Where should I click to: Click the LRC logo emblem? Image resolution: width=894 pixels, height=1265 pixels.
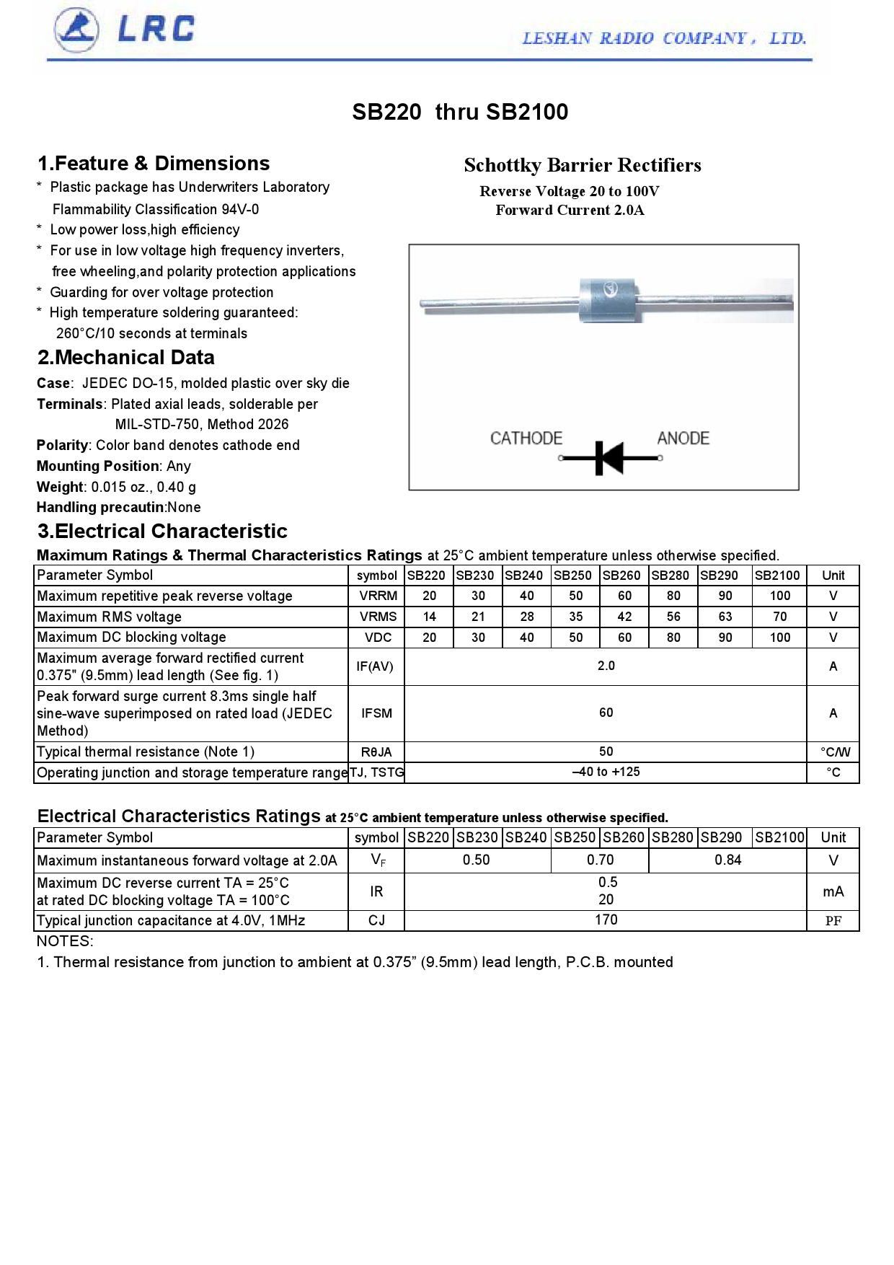76,30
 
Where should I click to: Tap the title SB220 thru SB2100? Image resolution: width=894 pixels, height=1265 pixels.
460,112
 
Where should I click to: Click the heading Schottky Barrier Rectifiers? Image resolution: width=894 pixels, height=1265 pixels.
582,165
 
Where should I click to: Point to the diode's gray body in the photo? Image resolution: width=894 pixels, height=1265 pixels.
608,301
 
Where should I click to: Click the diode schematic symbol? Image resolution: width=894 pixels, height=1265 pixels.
609,457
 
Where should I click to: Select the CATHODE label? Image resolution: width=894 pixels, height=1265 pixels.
526,438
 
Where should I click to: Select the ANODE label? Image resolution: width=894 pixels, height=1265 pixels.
683,438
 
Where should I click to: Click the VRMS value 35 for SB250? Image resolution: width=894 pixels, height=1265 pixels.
575,617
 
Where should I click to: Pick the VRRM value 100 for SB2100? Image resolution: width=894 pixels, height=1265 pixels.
779,596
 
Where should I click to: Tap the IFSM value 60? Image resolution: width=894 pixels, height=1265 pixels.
606,713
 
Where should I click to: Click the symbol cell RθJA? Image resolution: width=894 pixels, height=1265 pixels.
376,752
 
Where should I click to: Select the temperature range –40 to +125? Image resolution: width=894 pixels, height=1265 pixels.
606,772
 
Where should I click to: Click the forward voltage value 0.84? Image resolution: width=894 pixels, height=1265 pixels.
727,860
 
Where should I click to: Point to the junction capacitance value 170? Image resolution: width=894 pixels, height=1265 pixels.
606,920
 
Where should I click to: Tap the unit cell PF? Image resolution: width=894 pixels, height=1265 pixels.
833,921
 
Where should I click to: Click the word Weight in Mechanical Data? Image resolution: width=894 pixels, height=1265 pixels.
61,487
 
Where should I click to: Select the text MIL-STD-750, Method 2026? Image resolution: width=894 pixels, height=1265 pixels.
202,424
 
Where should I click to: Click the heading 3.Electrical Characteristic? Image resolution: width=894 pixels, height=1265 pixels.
162,532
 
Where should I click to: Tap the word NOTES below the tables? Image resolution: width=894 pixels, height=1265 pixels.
65,941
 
